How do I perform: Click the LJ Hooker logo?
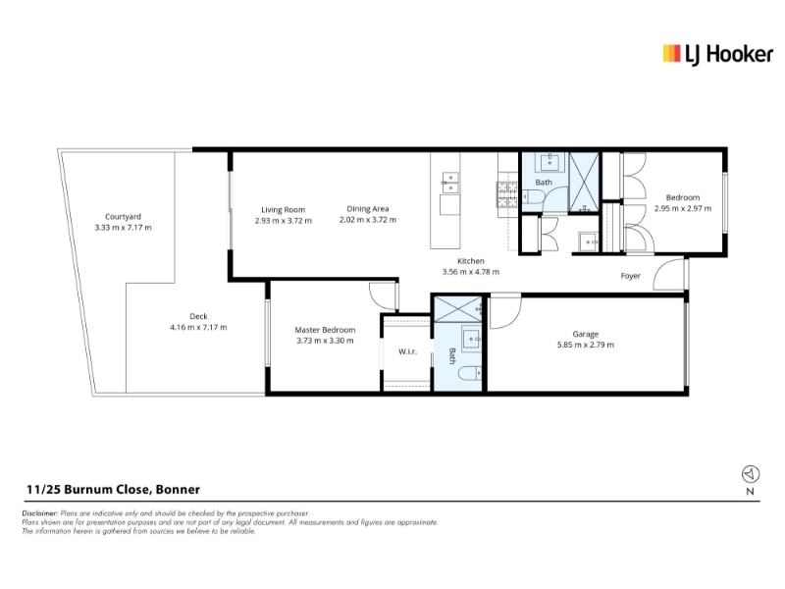pyautogui.click(x=717, y=55)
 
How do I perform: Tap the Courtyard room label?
pyautogui.click(x=123, y=216)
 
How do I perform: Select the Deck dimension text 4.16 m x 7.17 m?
pyautogui.click(x=198, y=327)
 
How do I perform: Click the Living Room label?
pyautogui.click(x=283, y=210)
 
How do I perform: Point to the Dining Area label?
pyautogui.click(x=367, y=209)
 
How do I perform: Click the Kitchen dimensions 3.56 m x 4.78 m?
pyautogui.click(x=471, y=272)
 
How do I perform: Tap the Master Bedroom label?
pyautogui.click(x=325, y=330)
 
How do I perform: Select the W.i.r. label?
pyautogui.click(x=407, y=351)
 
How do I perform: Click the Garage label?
pyautogui.click(x=585, y=334)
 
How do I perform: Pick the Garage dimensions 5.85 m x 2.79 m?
pyautogui.click(x=585, y=345)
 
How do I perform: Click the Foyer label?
pyautogui.click(x=630, y=276)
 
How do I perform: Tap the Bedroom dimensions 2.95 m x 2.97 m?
pyautogui.click(x=682, y=208)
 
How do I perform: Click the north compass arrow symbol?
pyautogui.click(x=750, y=473)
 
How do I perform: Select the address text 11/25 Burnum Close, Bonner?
pyautogui.click(x=113, y=489)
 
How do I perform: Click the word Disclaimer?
pyautogui.click(x=40, y=513)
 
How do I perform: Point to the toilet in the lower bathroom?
pyautogui.click(x=470, y=373)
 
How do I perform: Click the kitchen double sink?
pyautogui.click(x=449, y=183)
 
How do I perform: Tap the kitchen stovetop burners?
pyautogui.click(x=506, y=194)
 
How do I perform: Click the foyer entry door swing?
pyautogui.click(x=668, y=275)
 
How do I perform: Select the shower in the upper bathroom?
pyautogui.click(x=584, y=183)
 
